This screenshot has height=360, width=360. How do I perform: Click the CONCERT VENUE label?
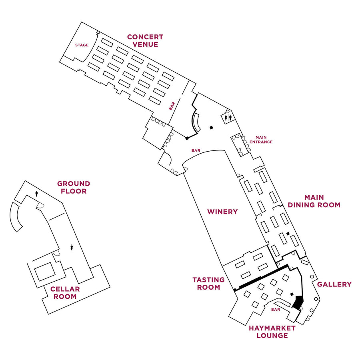pos(145,41)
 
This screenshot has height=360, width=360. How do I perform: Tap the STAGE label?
pos(82,45)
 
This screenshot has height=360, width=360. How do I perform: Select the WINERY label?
pos(222,212)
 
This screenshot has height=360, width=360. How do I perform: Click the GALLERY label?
pos(334,284)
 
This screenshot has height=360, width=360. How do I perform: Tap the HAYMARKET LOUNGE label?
pos(272,332)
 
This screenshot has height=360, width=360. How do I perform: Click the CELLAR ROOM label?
pos(65,293)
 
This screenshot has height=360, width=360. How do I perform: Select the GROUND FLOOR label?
pos(73,188)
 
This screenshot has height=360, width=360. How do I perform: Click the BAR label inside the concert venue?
pos(172,106)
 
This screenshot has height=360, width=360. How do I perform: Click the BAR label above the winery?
pos(196,151)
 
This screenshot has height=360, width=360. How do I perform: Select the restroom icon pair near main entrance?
pos(228,118)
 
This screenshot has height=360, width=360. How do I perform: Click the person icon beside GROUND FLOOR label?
pos(37,193)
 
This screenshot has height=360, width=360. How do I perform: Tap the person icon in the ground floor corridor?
pos(72,247)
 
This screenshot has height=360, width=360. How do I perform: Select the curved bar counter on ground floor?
pos(15,216)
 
